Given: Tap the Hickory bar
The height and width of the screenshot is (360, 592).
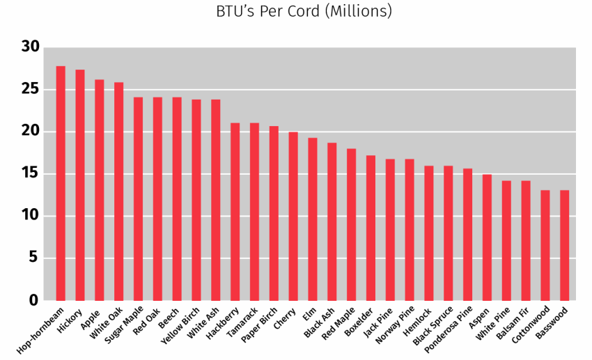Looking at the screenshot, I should [80, 185].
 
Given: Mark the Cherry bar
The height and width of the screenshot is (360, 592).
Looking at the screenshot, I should [293, 216].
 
